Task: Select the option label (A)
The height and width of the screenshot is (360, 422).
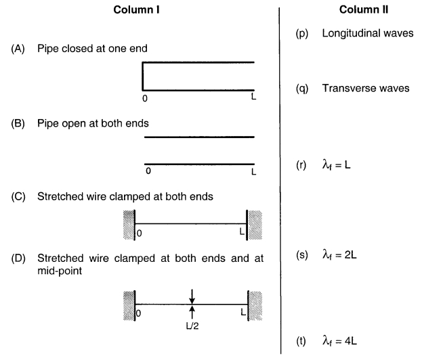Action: coord(18,49)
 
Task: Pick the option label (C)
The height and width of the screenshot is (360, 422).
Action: coord(18,197)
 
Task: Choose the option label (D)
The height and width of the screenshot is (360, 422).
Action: coord(18,258)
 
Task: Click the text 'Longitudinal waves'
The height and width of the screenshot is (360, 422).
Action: coord(368,33)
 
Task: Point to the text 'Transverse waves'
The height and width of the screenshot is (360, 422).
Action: coord(365,89)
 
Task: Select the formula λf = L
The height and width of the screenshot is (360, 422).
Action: coord(345,166)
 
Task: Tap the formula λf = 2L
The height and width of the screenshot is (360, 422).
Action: coord(348,256)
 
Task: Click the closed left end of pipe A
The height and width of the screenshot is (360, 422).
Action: coord(143,76)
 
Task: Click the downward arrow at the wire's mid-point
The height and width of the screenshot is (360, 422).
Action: coord(192,296)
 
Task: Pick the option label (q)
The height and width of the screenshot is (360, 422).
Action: coord(301,89)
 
